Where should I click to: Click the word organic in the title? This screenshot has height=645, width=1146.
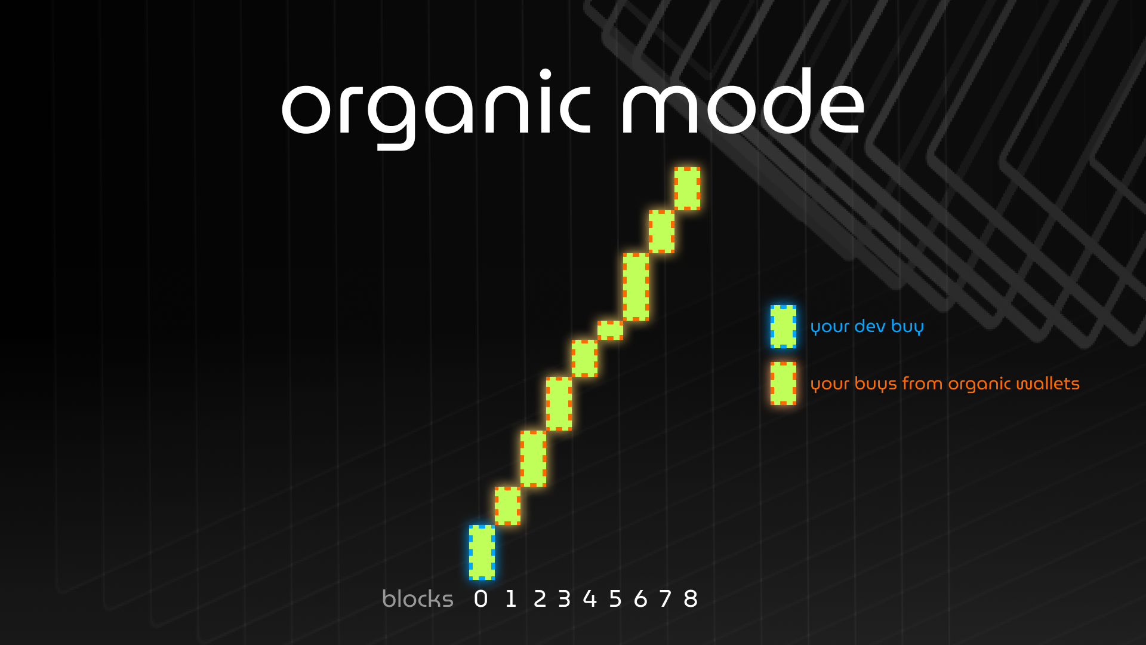coord(436,107)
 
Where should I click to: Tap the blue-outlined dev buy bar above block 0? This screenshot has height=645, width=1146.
coord(482,552)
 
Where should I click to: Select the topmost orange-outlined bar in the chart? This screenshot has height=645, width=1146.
coord(687,189)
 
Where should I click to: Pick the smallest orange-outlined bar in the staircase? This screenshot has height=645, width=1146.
coord(610,330)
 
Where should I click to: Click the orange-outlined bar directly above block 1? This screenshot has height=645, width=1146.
coord(507,506)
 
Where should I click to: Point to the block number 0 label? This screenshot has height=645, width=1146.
coord(480,598)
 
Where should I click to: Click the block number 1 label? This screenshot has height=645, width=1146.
coord(511,598)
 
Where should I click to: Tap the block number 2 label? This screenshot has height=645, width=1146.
coord(540,598)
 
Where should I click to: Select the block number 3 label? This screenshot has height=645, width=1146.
coord(564,598)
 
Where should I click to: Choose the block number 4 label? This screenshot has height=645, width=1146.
coord(590,598)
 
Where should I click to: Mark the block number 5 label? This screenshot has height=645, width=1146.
coord(615,598)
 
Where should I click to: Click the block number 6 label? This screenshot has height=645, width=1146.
coord(640,598)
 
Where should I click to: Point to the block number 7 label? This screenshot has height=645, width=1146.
coord(666,598)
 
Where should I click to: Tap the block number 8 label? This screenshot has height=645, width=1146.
coord(691,598)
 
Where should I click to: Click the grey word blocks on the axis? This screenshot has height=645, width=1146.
coord(418,598)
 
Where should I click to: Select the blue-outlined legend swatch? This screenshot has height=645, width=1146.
coord(783,327)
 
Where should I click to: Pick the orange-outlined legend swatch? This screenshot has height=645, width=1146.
coord(783,383)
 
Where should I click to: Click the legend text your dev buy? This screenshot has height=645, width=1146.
coord(867,327)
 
